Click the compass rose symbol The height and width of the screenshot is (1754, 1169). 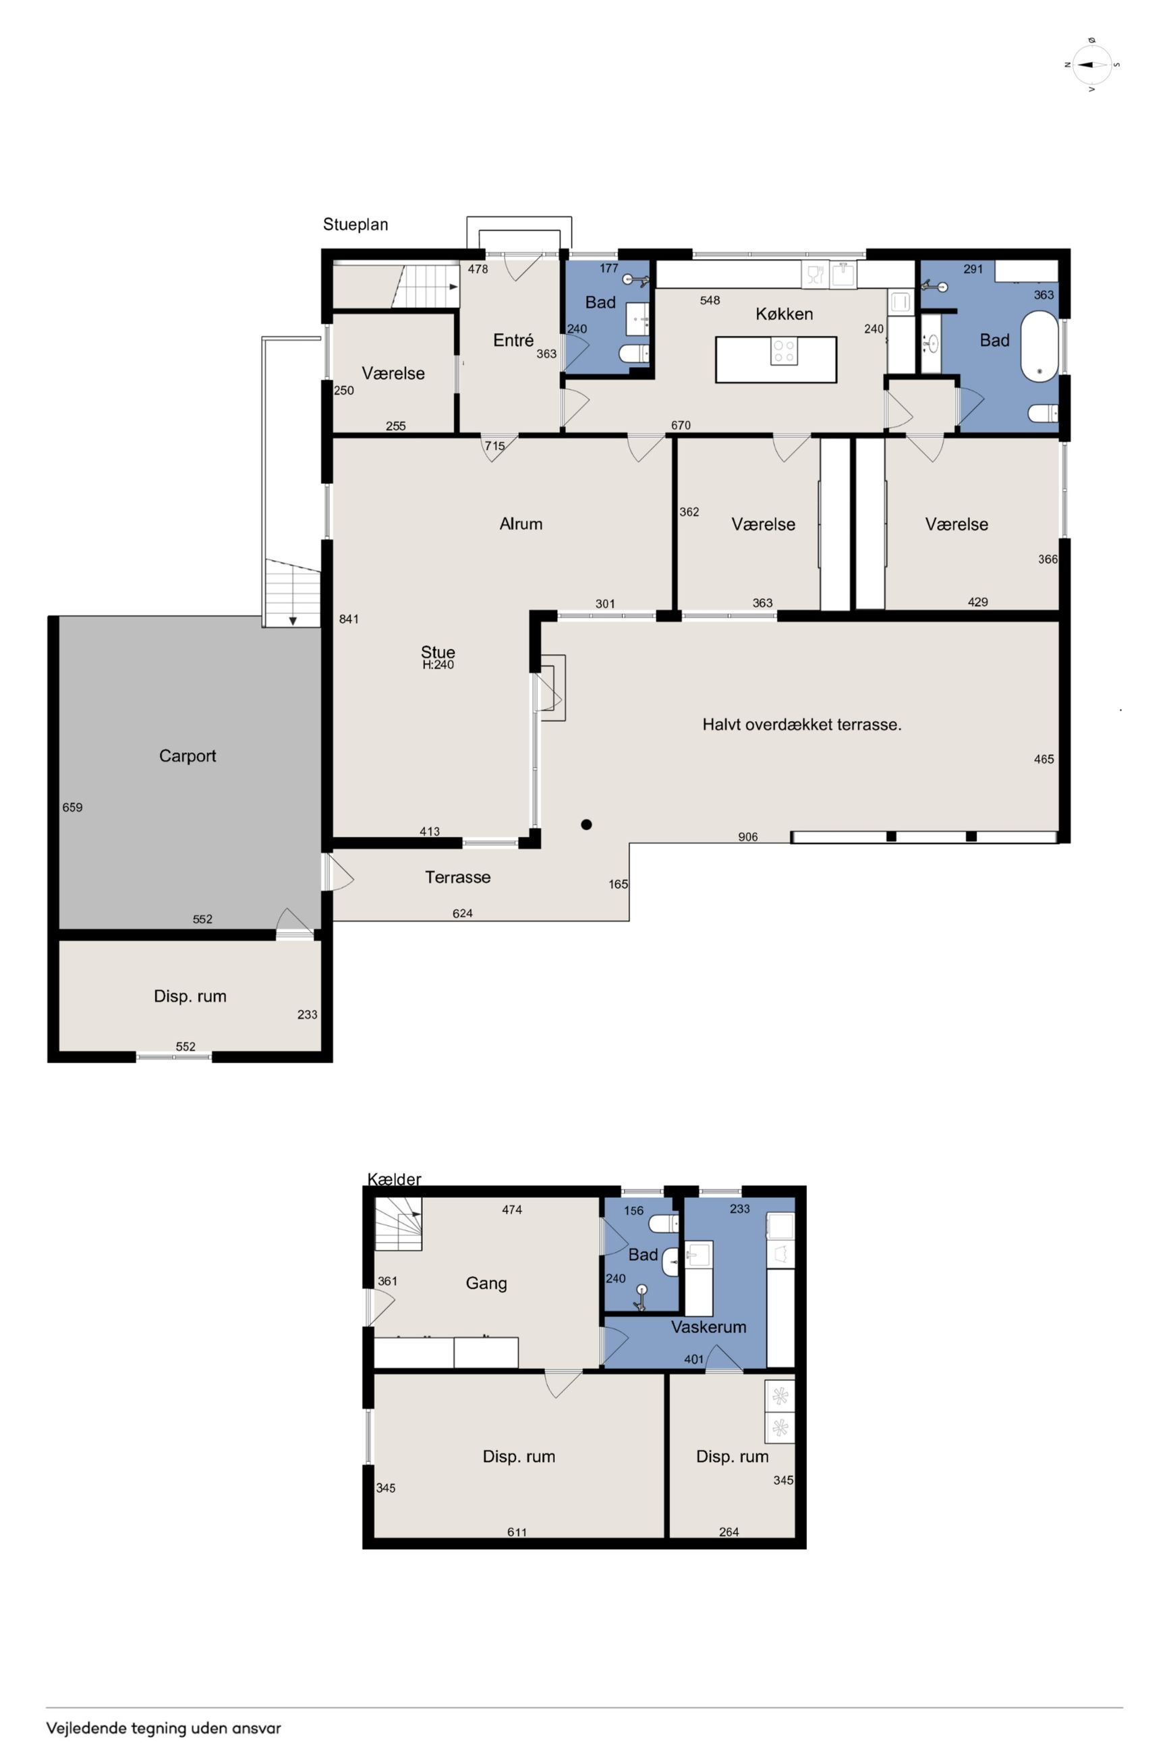(x=1092, y=64)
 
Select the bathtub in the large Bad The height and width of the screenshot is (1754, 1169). (x=1037, y=347)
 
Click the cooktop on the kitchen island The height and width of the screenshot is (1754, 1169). (x=784, y=351)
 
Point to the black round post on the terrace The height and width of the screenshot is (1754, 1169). (x=587, y=824)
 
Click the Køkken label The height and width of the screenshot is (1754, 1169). (x=785, y=314)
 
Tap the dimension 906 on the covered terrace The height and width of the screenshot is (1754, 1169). (x=748, y=837)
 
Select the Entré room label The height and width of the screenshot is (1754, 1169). (x=514, y=340)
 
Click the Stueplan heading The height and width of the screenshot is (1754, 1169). (x=355, y=225)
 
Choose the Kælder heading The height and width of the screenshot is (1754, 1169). (x=395, y=1179)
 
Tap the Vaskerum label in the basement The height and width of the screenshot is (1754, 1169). (x=708, y=1327)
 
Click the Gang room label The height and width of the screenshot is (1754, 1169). (x=486, y=1284)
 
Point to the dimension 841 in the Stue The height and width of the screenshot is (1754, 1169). (x=349, y=619)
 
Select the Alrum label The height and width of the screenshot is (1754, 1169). (x=521, y=524)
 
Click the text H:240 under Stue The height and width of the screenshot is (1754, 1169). (x=438, y=665)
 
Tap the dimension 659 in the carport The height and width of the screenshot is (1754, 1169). (x=72, y=808)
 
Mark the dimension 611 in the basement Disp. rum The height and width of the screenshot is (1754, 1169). (x=517, y=1533)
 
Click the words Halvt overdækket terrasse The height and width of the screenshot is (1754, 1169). (x=802, y=725)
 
